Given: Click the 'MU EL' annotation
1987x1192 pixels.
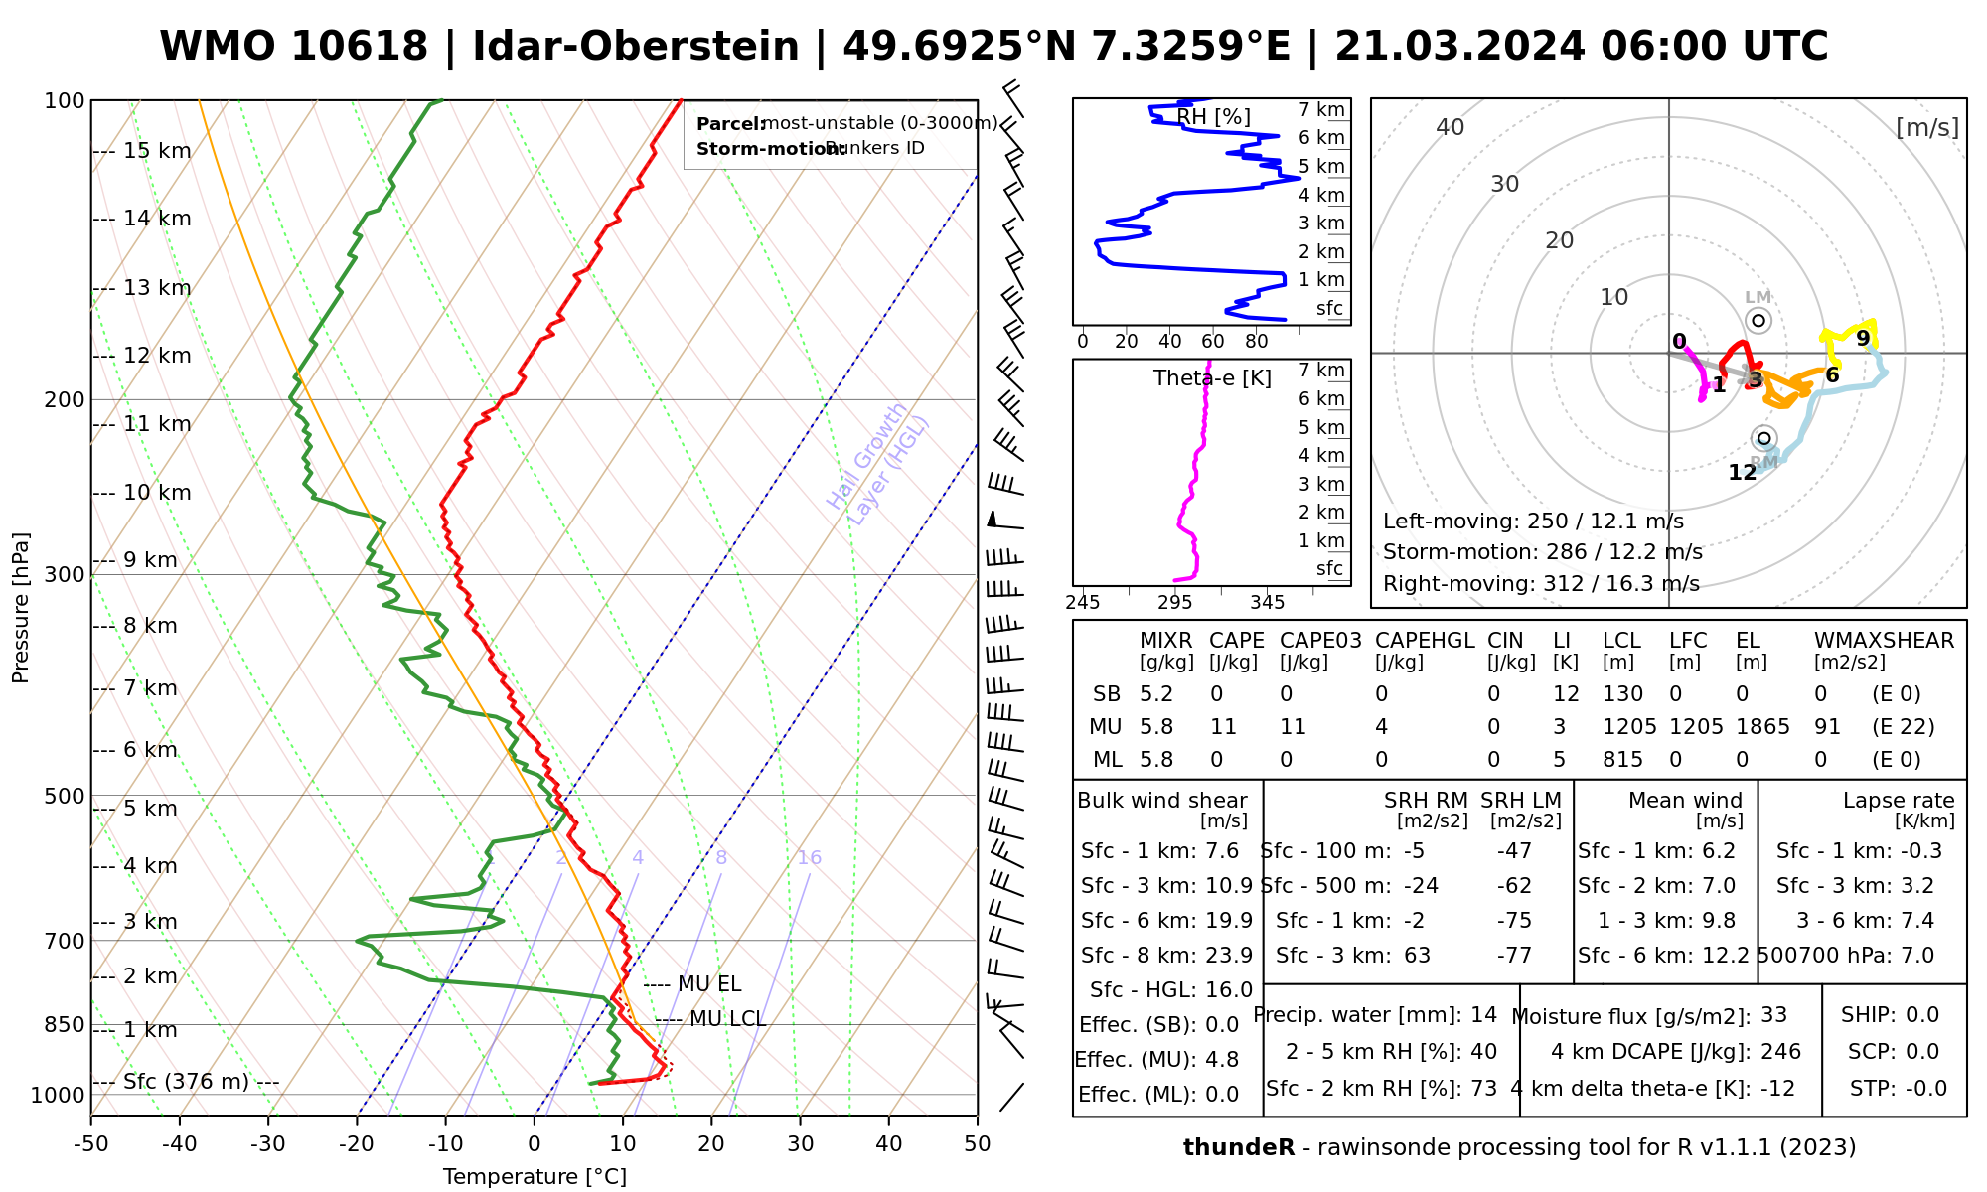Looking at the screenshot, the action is coord(709,984).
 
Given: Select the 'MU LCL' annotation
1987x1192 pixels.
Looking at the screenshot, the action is coord(727,1019).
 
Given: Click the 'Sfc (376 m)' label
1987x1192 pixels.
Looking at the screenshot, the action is coord(187,1082).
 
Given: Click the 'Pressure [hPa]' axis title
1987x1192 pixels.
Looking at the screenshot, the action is coord(20,608).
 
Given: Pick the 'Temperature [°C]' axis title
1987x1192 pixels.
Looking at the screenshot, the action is coord(535,1177).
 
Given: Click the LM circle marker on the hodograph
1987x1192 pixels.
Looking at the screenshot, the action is coord(1758,320).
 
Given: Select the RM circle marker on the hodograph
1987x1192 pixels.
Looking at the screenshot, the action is coord(1764,438).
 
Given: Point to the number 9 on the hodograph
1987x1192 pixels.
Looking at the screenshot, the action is coord(1863,339).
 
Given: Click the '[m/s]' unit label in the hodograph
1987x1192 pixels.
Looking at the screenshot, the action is coord(1927,128).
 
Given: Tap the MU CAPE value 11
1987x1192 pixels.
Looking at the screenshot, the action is coord(1223,727).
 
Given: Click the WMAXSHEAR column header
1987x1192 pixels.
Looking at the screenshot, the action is coord(1884,641).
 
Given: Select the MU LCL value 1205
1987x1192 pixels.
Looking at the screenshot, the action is coord(1629,727).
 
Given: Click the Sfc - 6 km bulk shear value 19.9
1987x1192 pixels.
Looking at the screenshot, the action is coord(1229,921).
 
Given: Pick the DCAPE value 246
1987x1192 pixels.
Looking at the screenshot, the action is coord(1780,1052).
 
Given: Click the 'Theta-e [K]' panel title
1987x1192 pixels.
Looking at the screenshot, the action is coord(1212,378).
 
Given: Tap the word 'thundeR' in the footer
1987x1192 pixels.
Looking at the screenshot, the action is coord(1239,1148).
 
